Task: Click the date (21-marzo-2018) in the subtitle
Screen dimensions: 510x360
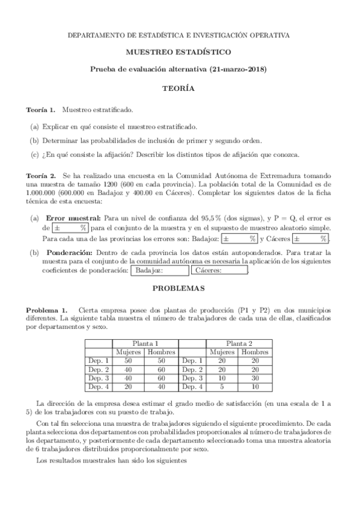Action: coord(240,70)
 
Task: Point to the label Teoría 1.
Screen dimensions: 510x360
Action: coord(40,111)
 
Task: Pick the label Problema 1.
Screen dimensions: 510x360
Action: coord(46,309)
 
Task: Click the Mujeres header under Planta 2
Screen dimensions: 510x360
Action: coord(222,352)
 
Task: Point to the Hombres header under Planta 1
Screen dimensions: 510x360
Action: coord(162,352)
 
